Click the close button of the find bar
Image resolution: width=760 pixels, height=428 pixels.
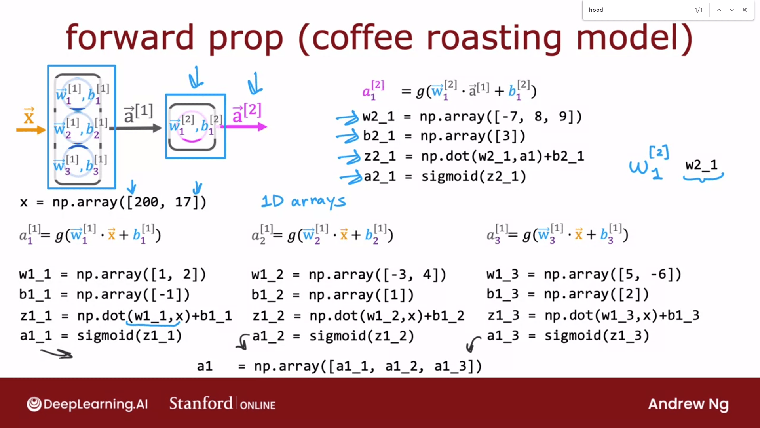click(745, 10)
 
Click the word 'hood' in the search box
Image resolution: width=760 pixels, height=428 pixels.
click(596, 10)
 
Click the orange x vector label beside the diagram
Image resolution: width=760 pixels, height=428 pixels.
click(29, 116)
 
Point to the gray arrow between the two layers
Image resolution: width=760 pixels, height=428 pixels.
click(135, 128)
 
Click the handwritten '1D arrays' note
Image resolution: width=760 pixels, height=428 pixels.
click(304, 201)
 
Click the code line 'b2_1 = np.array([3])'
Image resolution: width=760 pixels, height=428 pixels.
click(444, 136)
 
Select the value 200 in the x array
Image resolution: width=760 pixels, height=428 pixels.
click(146, 202)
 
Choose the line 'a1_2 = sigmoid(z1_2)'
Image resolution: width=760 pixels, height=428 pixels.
click(333, 336)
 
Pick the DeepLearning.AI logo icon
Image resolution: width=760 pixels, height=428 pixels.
click(34, 404)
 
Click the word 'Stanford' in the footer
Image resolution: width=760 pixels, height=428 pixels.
click(201, 403)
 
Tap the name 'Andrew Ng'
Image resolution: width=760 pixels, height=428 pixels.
click(688, 404)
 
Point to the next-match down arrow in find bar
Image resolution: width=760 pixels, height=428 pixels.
click(732, 10)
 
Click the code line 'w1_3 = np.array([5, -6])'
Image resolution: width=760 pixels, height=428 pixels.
click(584, 274)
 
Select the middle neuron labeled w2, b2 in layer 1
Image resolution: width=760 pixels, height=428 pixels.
click(79, 128)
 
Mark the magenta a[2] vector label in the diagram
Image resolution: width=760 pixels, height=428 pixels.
click(247, 113)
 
